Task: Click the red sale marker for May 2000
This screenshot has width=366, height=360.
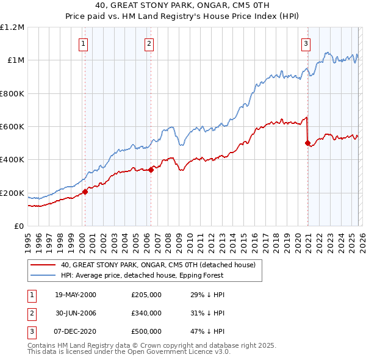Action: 85,192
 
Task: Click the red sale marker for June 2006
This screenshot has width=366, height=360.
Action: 151,170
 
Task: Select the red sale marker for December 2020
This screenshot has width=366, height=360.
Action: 307,143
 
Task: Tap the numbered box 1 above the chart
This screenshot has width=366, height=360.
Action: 83,43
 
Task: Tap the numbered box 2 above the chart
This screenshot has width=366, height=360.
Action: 149,43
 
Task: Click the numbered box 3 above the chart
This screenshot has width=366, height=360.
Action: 306,43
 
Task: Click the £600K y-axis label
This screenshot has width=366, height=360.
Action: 12,127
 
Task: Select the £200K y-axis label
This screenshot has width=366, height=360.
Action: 12,193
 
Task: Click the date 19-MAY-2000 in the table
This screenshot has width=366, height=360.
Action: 75,295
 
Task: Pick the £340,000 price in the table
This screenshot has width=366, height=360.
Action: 146,313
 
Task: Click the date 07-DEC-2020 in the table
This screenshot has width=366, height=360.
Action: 75,331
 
